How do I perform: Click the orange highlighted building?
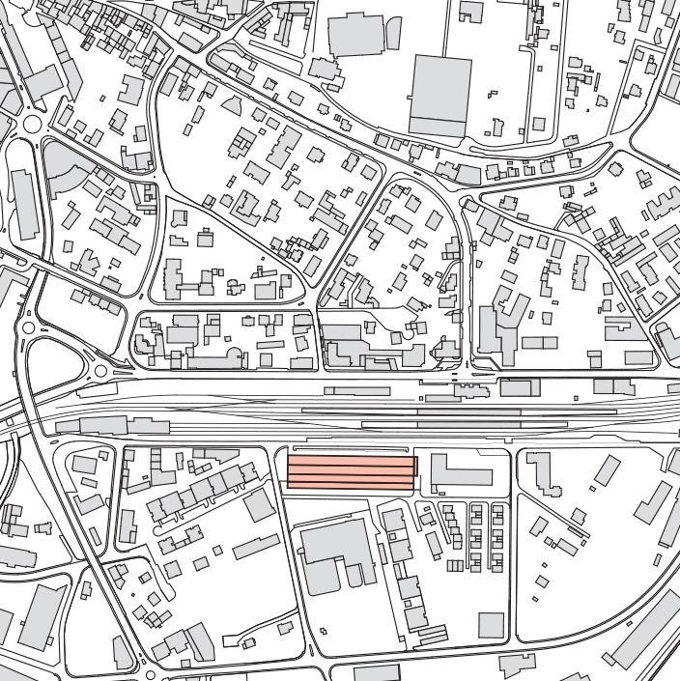(x=352, y=472)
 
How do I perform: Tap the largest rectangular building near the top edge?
(x=440, y=94)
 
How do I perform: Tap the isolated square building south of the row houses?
(x=491, y=626)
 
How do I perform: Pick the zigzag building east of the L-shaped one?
(x=547, y=473)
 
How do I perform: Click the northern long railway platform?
(x=458, y=411)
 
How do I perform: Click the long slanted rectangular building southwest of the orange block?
(x=255, y=548)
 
